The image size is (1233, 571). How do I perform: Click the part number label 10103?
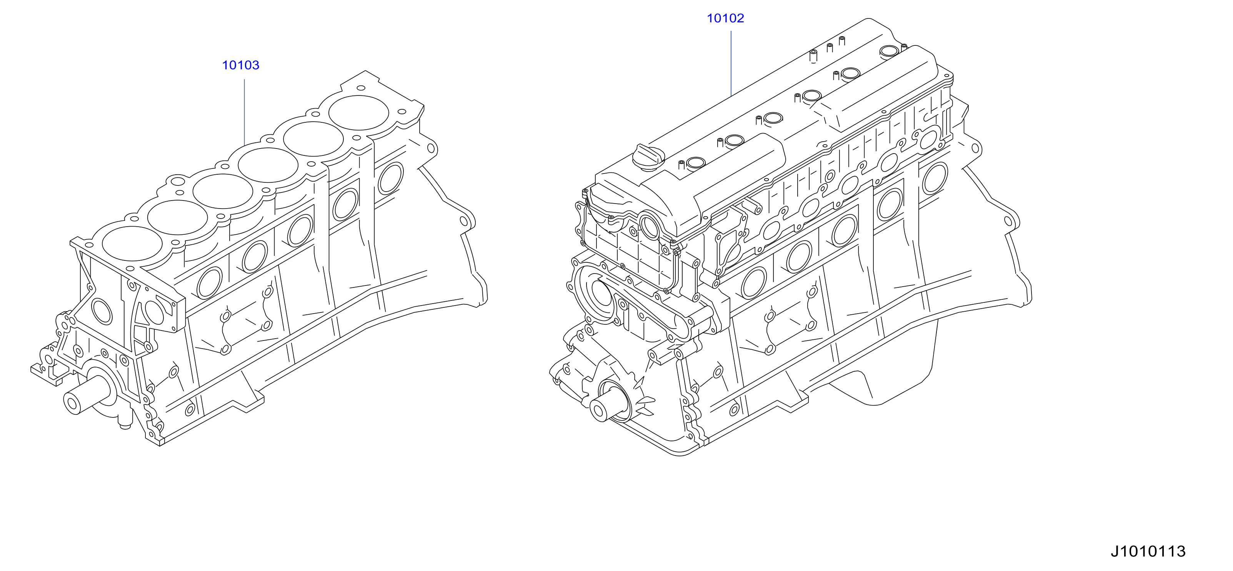click(x=240, y=65)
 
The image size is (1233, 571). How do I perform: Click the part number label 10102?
click(x=726, y=18)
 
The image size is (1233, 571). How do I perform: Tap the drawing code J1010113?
click(x=1148, y=551)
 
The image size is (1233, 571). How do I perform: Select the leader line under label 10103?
click(x=245, y=112)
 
